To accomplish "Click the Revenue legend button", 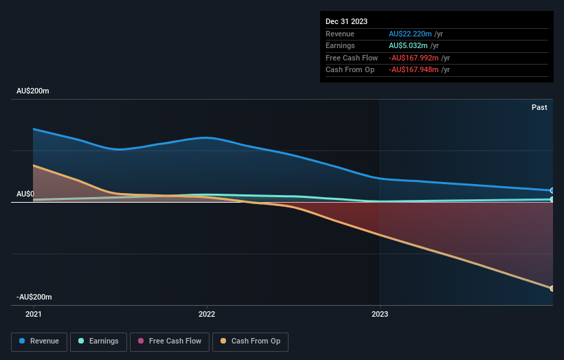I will tap(39, 341).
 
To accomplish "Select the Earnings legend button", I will tap(98, 341).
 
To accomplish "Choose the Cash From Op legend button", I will tap(250, 341).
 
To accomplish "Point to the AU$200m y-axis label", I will tap(33, 91).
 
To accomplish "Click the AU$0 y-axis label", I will tap(25, 194).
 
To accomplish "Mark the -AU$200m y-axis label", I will tap(34, 297).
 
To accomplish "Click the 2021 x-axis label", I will tap(33, 314).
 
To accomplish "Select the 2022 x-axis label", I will tap(207, 314).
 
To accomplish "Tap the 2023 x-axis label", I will tap(380, 314).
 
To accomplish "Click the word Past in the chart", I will tap(539, 107).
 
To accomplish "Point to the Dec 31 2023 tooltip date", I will tap(346, 21).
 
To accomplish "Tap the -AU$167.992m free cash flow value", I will tap(414, 58).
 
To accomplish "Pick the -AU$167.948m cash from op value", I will tap(414, 69).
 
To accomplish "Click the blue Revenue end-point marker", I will tap(552, 190).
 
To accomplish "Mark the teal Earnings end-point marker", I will tap(552, 199).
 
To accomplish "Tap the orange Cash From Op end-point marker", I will tap(552, 288).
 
